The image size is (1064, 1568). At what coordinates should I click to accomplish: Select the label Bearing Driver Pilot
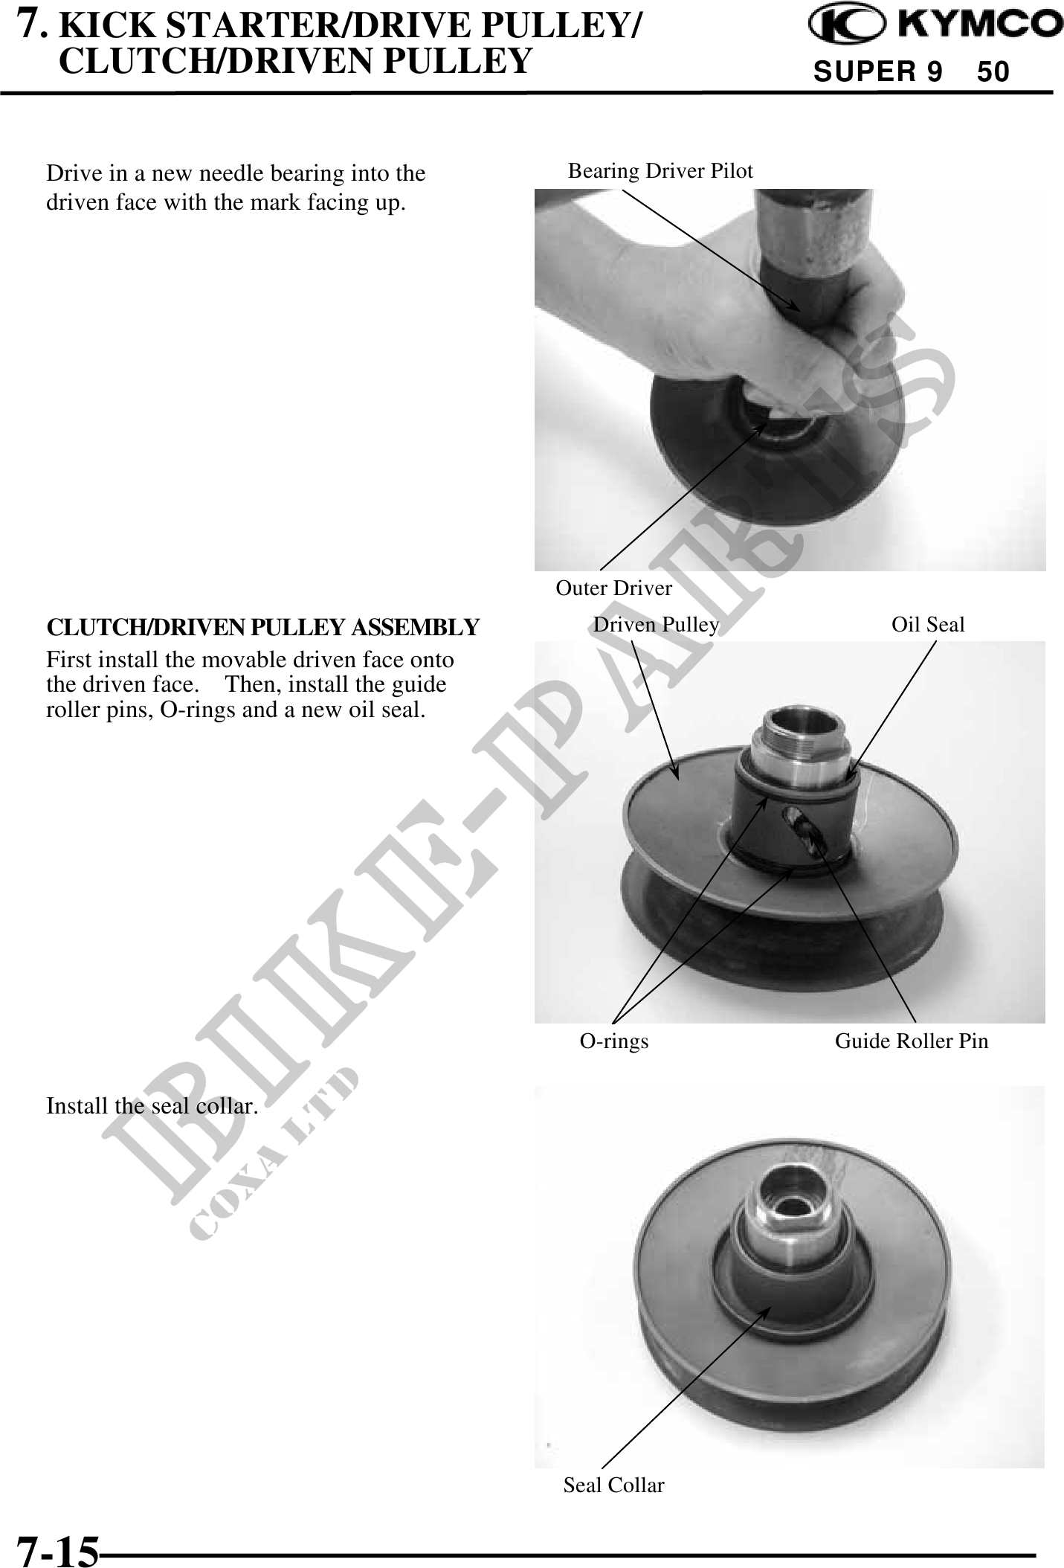(x=660, y=171)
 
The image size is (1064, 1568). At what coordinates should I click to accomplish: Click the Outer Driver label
(x=613, y=588)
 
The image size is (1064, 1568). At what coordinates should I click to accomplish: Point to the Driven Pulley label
(x=656, y=625)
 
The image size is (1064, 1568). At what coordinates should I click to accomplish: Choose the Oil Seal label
(x=928, y=625)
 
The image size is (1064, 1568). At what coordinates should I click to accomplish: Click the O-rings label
(x=614, y=1041)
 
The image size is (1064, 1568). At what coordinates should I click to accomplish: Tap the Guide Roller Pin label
(x=912, y=1041)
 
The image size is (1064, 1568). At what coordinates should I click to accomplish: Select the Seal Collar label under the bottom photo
(x=613, y=1485)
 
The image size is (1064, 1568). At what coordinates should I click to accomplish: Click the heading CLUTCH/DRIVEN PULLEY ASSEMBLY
(x=263, y=627)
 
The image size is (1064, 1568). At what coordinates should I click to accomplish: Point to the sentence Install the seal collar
(x=152, y=1106)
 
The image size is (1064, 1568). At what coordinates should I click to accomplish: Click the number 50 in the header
(x=993, y=72)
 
